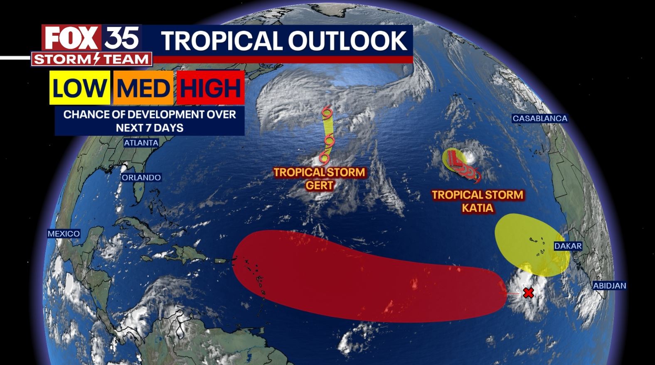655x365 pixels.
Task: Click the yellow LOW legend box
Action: point(79,88)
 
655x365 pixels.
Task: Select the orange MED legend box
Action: point(143,88)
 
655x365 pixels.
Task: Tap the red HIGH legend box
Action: point(210,88)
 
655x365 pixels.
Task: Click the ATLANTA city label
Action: point(141,143)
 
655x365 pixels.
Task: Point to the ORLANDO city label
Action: point(141,178)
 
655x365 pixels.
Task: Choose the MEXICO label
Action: point(64,234)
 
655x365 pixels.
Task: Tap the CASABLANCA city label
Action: point(539,119)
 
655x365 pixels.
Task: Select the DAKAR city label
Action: point(568,246)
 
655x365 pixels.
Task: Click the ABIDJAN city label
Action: point(609,286)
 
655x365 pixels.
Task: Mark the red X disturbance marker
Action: point(528,293)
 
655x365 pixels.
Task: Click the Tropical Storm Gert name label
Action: point(319,179)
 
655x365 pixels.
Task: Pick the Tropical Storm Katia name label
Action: point(478,201)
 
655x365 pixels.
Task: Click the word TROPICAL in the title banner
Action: point(220,40)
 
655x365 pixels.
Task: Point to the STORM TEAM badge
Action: point(91,59)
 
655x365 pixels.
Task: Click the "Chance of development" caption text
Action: point(150,121)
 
